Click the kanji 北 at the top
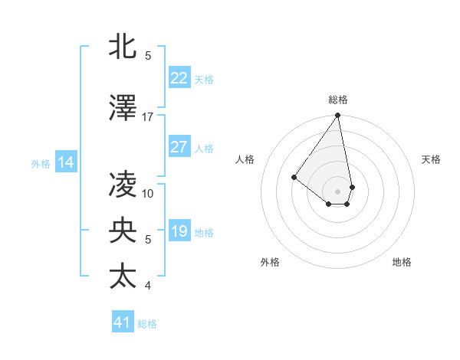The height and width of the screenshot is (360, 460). pyautogui.click(x=123, y=47)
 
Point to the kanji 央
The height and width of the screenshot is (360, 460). pyautogui.click(x=123, y=230)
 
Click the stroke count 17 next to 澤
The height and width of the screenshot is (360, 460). pyautogui.click(x=148, y=116)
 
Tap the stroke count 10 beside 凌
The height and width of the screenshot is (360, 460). pyautogui.click(x=148, y=193)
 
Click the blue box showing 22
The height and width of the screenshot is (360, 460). pyautogui.click(x=179, y=77)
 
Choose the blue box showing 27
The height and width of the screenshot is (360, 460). pyautogui.click(x=179, y=147)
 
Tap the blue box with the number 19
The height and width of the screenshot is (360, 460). pyautogui.click(x=179, y=231)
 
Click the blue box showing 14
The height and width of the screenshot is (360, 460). pyautogui.click(x=66, y=162)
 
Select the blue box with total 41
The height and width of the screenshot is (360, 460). pyautogui.click(x=122, y=322)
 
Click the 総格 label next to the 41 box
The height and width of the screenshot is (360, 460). pyautogui.click(x=147, y=324)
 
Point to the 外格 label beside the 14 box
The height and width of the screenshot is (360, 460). pyautogui.click(x=41, y=163)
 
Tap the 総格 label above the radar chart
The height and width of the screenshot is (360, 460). pyautogui.click(x=337, y=100)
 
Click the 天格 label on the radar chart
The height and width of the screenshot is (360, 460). pyautogui.click(x=432, y=159)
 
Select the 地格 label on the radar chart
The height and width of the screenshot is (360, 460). pyautogui.click(x=402, y=262)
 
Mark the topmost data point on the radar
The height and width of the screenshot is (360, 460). pyautogui.click(x=337, y=116)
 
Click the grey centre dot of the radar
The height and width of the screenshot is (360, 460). pyautogui.click(x=337, y=191)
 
